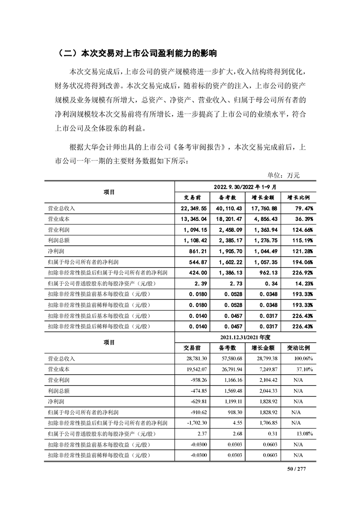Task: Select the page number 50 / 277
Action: coord(297,469)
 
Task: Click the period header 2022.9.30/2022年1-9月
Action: coord(245,186)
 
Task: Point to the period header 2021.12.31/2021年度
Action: coord(245,337)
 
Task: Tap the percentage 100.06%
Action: coord(302,359)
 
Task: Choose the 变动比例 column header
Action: coord(298,348)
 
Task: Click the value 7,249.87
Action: coord(265,369)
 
